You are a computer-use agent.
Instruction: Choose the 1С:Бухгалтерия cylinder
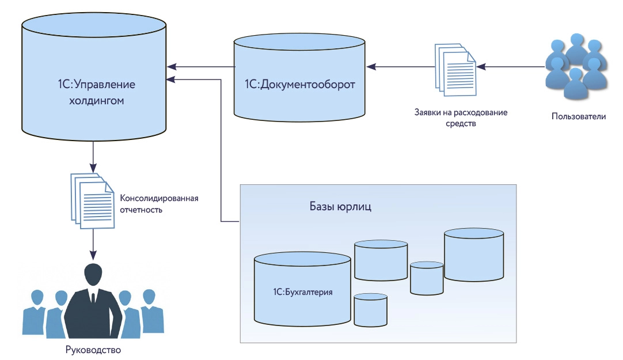[x=303, y=288]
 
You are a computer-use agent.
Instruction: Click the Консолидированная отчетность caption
[x=159, y=204]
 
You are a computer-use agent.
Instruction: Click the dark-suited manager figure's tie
[x=93, y=298]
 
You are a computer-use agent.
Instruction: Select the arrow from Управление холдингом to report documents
[x=93, y=156]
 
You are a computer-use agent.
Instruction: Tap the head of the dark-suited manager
[x=93, y=275]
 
